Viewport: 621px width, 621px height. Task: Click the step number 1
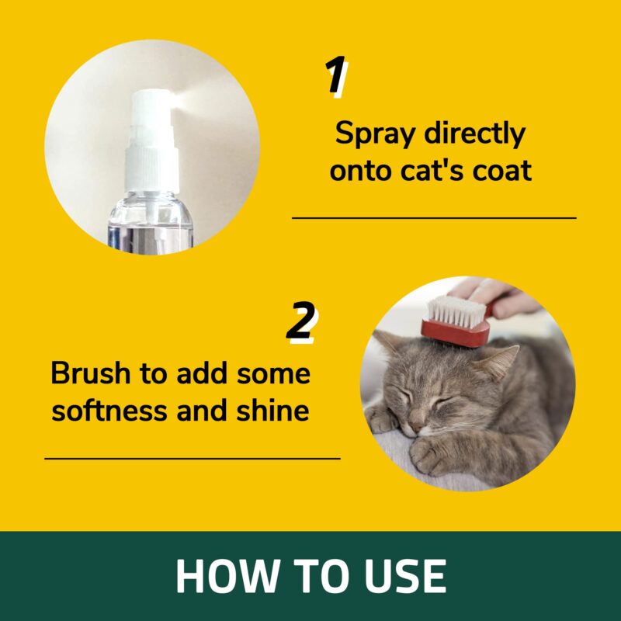335,75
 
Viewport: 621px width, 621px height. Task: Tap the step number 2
302,321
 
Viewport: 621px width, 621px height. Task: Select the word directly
474,134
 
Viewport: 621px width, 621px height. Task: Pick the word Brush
91,373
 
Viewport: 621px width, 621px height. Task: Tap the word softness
109,410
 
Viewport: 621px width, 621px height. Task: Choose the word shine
273,410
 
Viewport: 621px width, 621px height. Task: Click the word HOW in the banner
226,576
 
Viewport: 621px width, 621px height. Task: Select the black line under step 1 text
434,218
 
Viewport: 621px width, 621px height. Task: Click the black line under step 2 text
193,458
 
